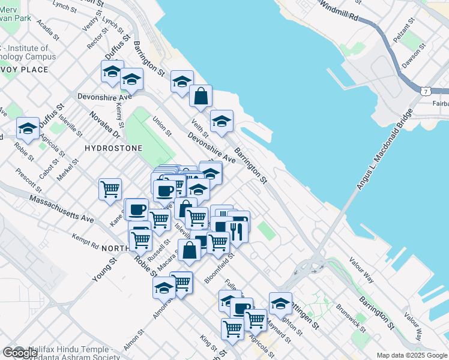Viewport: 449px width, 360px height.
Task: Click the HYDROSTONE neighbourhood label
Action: pyautogui.click(x=113, y=148)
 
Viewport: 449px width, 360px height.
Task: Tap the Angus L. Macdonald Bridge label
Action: pyautogui.click(x=384, y=150)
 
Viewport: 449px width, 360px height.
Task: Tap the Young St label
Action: pyautogui.click(x=104, y=271)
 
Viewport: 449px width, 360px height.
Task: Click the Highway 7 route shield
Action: pyautogui.click(x=425, y=91)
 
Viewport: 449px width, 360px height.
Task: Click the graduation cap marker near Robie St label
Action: pyautogui.click(x=28, y=128)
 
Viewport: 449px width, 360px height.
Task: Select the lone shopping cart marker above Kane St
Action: pyautogui.click(x=110, y=189)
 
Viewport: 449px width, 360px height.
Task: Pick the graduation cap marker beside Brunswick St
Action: pyautogui.click(x=280, y=304)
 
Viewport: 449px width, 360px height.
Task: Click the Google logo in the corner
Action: pyautogui.click(x=20, y=353)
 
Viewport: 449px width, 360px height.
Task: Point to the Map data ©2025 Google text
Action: pyautogui.click(x=411, y=355)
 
